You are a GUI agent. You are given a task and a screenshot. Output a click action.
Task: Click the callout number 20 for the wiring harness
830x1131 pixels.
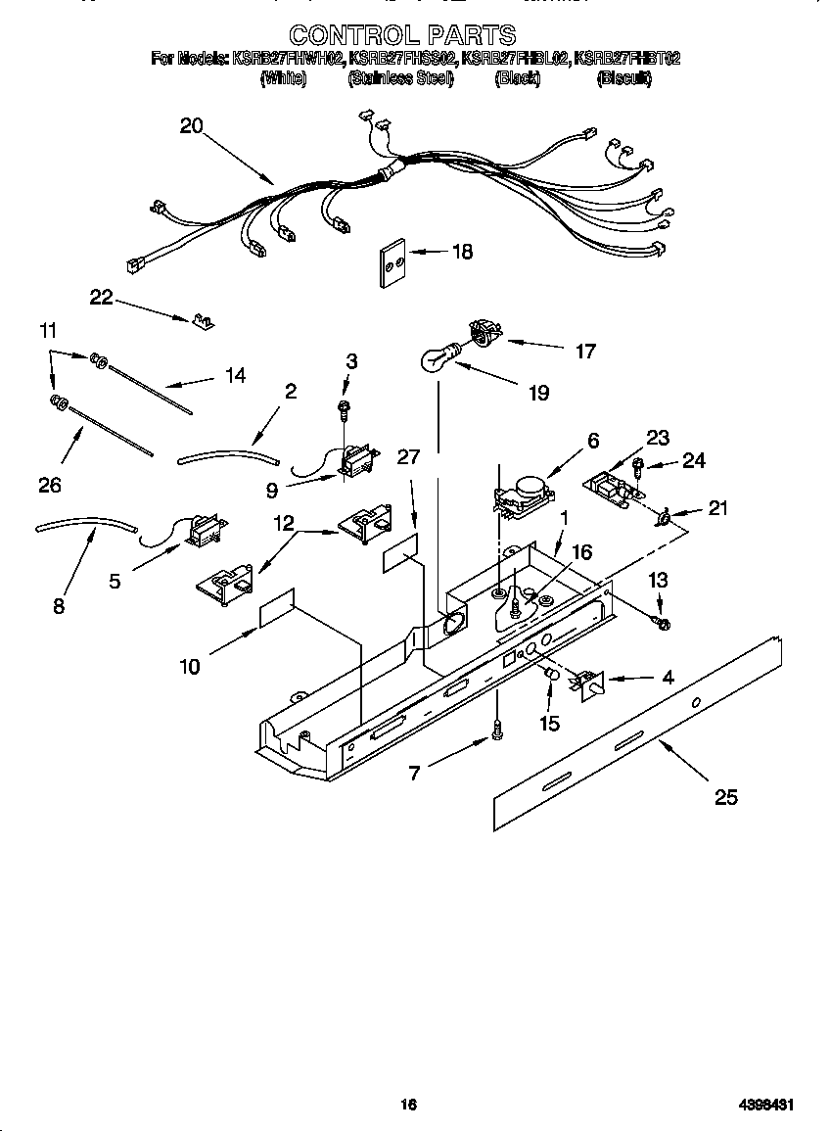click(191, 125)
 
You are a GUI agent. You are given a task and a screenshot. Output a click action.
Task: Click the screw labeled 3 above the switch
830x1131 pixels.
click(344, 406)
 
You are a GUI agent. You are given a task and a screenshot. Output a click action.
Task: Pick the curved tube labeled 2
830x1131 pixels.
click(227, 452)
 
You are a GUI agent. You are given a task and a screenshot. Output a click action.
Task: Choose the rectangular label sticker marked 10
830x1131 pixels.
click(276, 608)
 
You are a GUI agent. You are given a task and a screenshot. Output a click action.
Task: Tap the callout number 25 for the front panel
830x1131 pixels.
click(725, 797)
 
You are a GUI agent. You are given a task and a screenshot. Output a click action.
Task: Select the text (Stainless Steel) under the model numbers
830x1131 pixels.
click(400, 79)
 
